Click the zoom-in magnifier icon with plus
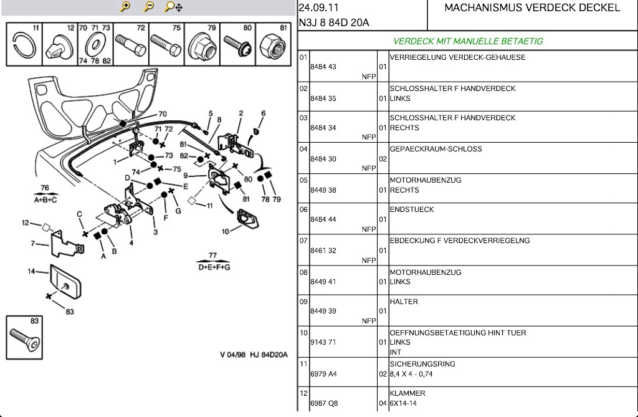click(x=126, y=7)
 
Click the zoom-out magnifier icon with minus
click(x=149, y=7)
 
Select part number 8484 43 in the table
click(x=323, y=67)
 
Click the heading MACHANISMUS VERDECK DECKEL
click(x=532, y=8)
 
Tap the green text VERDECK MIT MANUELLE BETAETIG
click(x=468, y=41)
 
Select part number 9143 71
click(x=323, y=342)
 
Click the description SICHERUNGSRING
click(x=422, y=364)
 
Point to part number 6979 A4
click(x=323, y=374)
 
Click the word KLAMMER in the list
click(x=407, y=393)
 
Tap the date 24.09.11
click(x=318, y=8)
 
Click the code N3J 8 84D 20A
click(x=334, y=23)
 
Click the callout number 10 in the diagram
click(x=225, y=231)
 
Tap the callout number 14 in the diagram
click(x=31, y=271)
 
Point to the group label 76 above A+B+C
click(x=45, y=188)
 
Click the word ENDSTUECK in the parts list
click(x=412, y=209)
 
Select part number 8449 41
click(x=323, y=282)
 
